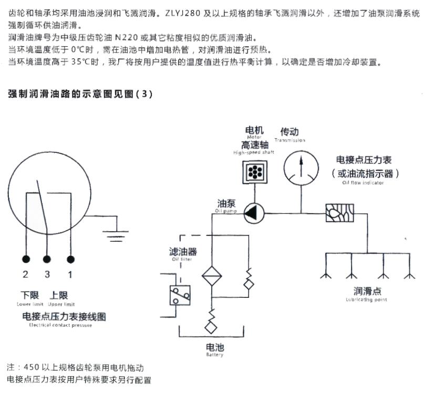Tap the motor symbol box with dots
click(x=253, y=172)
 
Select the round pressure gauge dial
click(x=301, y=167)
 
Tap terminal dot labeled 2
click(x=26, y=259)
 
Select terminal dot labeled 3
click(x=47, y=259)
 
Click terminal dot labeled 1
click(x=70, y=259)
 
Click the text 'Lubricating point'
click(x=367, y=299)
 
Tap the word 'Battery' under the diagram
click(x=214, y=355)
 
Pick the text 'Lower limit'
click(x=30, y=304)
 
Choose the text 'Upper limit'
click(x=61, y=304)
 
